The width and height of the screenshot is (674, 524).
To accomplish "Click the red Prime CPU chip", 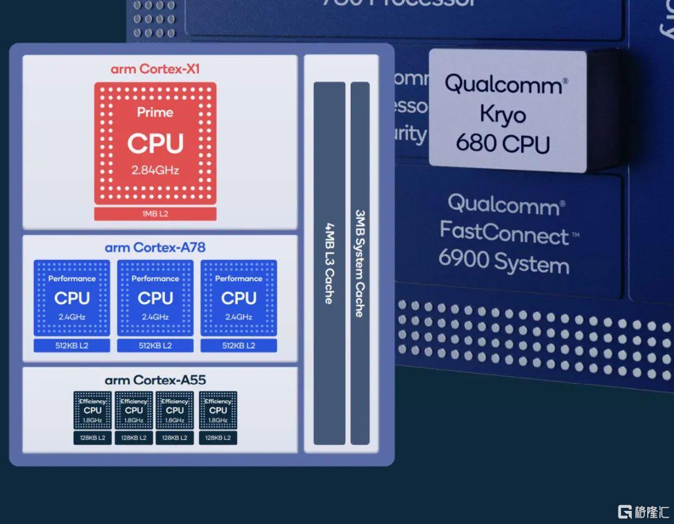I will click(x=155, y=142).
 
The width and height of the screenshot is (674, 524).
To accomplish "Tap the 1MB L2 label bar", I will click(x=155, y=214).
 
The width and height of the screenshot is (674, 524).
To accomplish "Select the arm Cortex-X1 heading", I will click(x=155, y=69).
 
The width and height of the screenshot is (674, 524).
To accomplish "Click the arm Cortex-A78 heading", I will click(x=155, y=247).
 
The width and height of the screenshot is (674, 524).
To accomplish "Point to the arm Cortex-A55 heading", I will click(x=155, y=380).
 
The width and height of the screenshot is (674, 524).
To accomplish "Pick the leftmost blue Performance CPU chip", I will click(x=72, y=298).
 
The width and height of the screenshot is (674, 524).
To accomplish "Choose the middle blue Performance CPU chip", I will click(x=155, y=298).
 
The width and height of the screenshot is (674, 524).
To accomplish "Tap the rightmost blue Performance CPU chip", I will click(x=238, y=298).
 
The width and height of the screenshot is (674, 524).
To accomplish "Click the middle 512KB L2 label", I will click(x=155, y=345).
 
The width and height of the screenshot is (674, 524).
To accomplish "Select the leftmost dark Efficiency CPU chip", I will click(x=92, y=410).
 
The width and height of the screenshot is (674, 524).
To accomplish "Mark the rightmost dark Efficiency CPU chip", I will click(x=218, y=410).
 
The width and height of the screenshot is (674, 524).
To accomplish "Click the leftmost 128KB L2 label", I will click(x=92, y=438).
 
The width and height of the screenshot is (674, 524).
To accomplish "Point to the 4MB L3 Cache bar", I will click(x=329, y=262).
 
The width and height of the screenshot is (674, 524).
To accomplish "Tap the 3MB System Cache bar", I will click(x=360, y=262).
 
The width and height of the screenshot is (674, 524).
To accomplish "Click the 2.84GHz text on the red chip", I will click(x=155, y=170).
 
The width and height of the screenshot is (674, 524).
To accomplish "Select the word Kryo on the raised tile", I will click(x=503, y=114).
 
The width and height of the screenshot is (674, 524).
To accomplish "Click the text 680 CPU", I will click(x=503, y=143).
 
